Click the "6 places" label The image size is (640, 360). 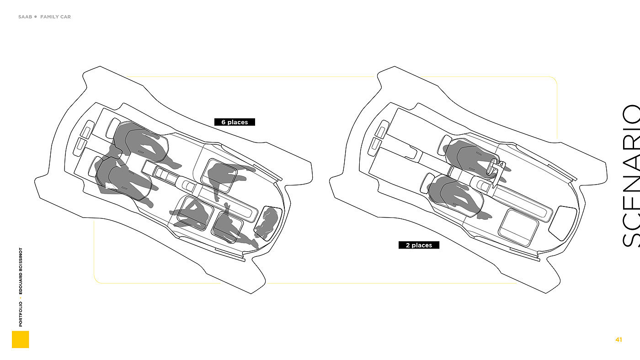tap(235, 122)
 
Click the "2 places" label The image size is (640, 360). tap(419, 245)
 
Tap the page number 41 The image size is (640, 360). tap(619, 339)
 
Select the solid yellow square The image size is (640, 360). tap(21, 339)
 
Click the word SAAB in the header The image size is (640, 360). tap(25, 17)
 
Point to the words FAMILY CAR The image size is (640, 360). tap(55, 17)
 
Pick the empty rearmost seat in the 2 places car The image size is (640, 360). tap(561, 222)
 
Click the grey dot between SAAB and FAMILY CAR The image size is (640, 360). tap(35, 17)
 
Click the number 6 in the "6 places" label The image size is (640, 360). tap(224, 122)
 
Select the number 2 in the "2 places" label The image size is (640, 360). tap(408, 245)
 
